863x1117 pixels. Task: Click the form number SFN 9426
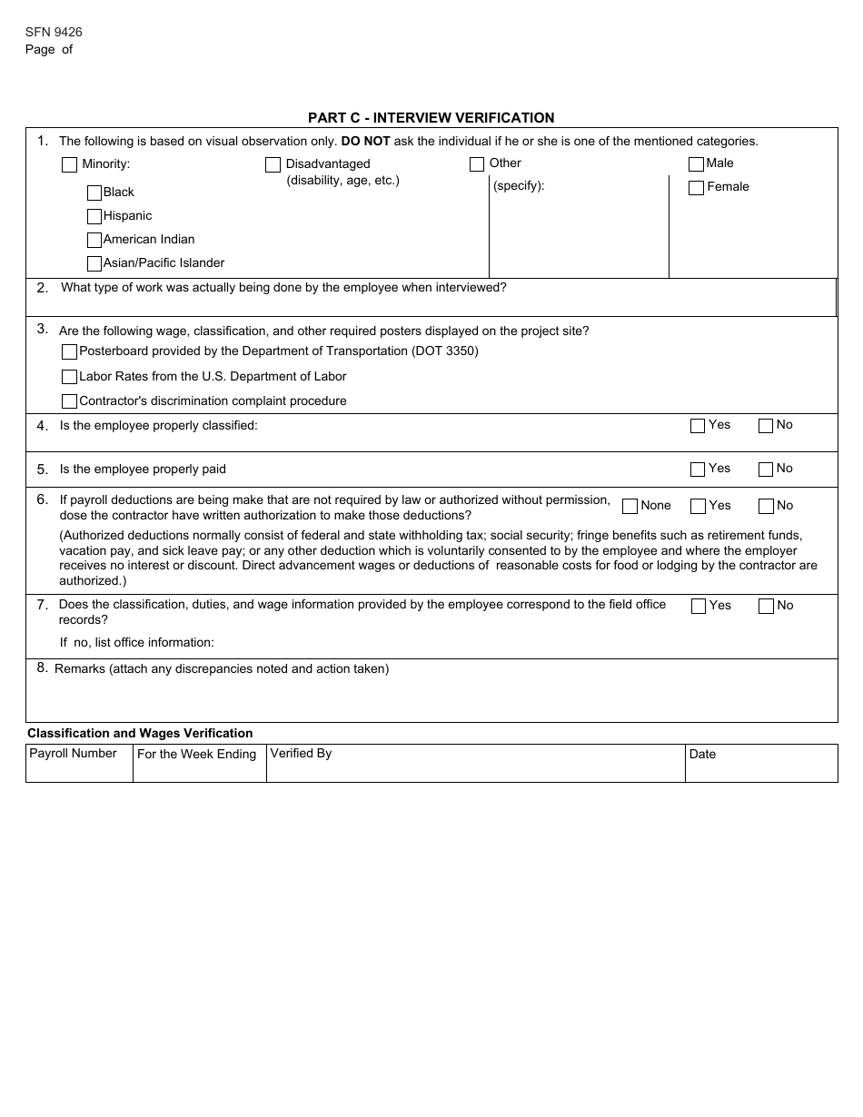point(54,32)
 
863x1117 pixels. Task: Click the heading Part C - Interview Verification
point(431,118)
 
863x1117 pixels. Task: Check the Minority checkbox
point(69,165)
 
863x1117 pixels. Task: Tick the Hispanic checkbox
point(94,216)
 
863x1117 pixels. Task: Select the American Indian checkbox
point(94,240)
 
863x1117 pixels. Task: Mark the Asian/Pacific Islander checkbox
point(94,263)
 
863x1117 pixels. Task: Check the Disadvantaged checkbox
point(273,165)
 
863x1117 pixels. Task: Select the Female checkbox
point(696,188)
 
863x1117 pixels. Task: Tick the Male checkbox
point(696,164)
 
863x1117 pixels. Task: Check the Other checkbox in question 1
point(477,164)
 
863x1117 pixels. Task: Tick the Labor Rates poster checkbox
point(69,377)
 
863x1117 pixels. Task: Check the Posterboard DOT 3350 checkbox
point(69,351)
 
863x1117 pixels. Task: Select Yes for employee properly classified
point(698,426)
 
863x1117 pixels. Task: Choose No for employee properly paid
point(766,470)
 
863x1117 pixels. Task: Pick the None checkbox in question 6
point(630,507)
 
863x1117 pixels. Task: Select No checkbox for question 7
point(766,607)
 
